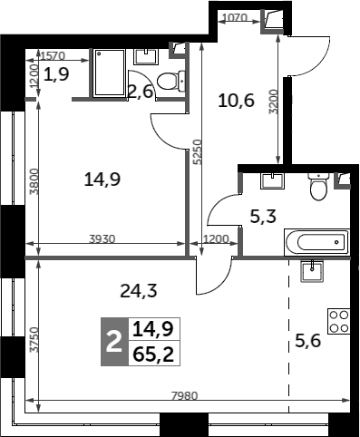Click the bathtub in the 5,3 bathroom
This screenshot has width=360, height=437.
coord(316,242)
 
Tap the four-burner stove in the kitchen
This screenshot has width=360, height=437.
coord(339,321)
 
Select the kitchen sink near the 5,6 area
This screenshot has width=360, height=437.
coord(312,271)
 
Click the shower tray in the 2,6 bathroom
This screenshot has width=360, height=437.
coord(109,73)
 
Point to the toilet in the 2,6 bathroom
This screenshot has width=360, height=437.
coord(171,81)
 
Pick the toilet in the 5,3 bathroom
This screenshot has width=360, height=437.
coord(318,187)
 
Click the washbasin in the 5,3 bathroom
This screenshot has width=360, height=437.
coord(272,180)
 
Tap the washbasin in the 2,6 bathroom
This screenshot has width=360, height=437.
coord(146,57)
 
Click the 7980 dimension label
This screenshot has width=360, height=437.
coord(184,395)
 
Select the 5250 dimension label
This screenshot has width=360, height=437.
coord(197,152)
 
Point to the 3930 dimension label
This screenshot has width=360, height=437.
coord(102,239)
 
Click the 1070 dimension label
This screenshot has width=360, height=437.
coord(235,18)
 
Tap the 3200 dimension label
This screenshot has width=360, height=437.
coord(273,102)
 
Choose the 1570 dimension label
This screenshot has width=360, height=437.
coord(53,56)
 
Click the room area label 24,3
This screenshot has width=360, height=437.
coord(139,291)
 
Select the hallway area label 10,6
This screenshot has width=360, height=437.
coord(236,101)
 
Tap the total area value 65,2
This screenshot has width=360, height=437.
coord(153,354)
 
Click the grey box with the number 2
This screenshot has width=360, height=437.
coord(114,342)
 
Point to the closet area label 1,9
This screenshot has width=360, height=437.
coord(56,74)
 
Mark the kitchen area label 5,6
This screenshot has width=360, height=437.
coord(307,342)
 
